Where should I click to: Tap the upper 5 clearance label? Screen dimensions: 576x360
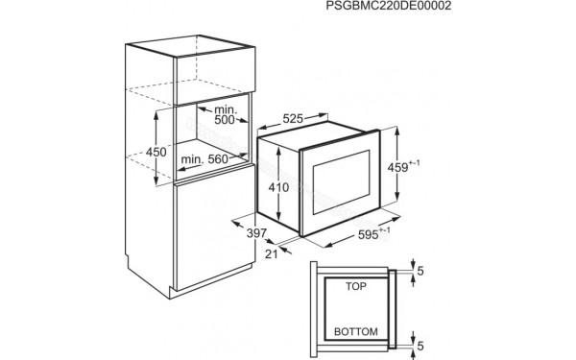pyautogui.click(x=420, y=272)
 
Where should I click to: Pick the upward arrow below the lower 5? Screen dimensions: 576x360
pyautogui.click(x=412, y=351)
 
